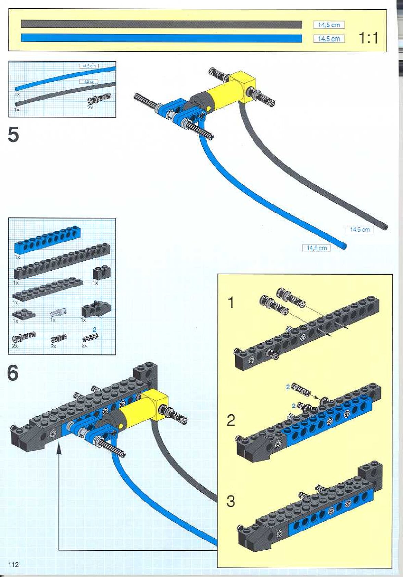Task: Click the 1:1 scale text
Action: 369,38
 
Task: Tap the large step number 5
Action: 13,135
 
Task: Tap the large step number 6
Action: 13,373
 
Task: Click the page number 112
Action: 13,564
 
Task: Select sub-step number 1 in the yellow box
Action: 231,302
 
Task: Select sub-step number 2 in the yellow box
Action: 231,420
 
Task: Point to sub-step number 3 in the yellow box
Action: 231,501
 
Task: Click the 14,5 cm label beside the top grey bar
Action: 329,25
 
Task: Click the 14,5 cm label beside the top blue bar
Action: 329,39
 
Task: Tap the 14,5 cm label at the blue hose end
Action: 316,248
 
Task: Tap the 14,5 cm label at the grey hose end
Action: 360,229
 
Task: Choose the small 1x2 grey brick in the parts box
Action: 101,273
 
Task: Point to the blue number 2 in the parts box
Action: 95,329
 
